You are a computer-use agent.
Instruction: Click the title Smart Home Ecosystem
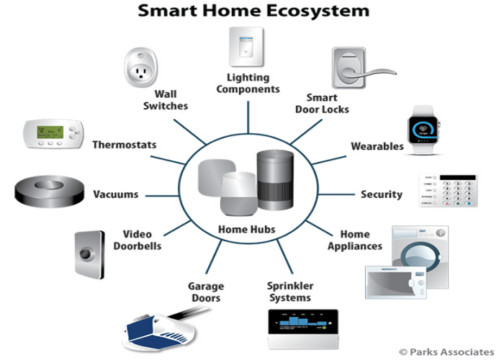(x=253, y=12)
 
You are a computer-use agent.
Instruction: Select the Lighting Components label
(x=248, y=84)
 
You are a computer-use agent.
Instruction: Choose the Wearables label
(x=377, y=146)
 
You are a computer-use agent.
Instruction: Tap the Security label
(x=381, y=194)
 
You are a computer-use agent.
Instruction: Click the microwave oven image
(x=395, y=282)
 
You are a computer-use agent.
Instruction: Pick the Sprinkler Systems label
(x=289, y=292)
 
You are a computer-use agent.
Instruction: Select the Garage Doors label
(x=205, y=292)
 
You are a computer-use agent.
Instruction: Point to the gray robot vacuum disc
(x=48, y=192)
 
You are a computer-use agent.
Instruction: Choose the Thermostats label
(x=124, y=145)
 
